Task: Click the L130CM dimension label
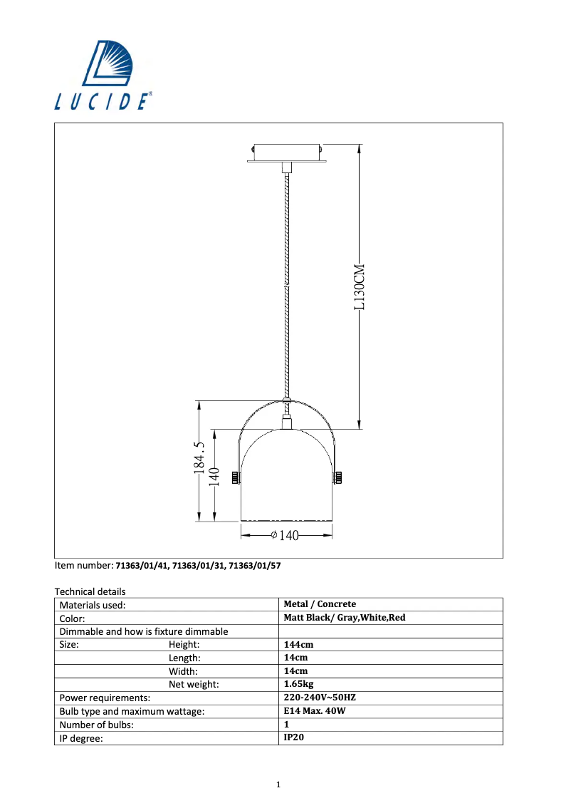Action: pyautogui.click(x=360, y=286)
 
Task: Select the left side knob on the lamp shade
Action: pyautogui.click(x=234, y=476)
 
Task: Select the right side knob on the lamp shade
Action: pyautogui.click(x=338, y=476)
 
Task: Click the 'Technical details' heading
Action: pyautogui.click(x=90, y=591)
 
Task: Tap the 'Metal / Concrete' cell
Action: pyautogui.click(x=320, y=604)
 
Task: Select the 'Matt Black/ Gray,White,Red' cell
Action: pyautogui.click(x=344, y=618)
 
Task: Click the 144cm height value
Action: pyautogui.click(x=298, y=644)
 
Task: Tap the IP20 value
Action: pyautogui.click(x=294, y=738)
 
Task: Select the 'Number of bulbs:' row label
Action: pyautogui.click(x=97, y=725)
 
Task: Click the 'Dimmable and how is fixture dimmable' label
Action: pyautogui.click(x=144, y=631)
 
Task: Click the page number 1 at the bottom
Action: pyautogui.click(x=278, y=784)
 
